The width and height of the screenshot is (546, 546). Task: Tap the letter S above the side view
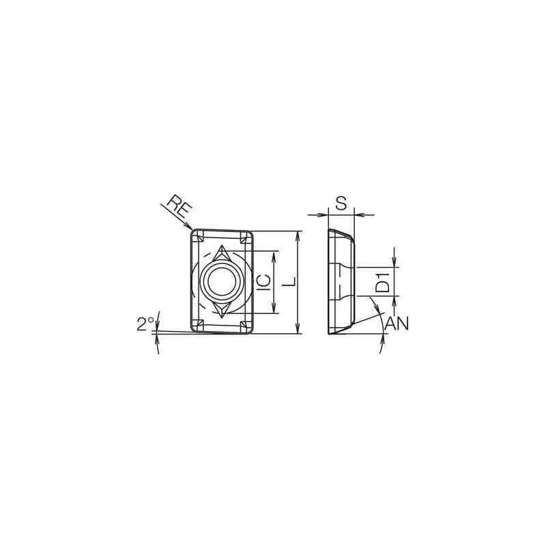click(342, 203)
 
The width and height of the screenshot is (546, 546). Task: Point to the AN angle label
click(397, 324)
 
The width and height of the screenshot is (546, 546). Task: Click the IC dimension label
click(263, 282)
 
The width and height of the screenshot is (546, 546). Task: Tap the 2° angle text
click(145, 324)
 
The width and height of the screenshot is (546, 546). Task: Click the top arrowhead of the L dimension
click(298, 234)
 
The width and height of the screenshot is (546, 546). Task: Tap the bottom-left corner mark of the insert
click(197, 324)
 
